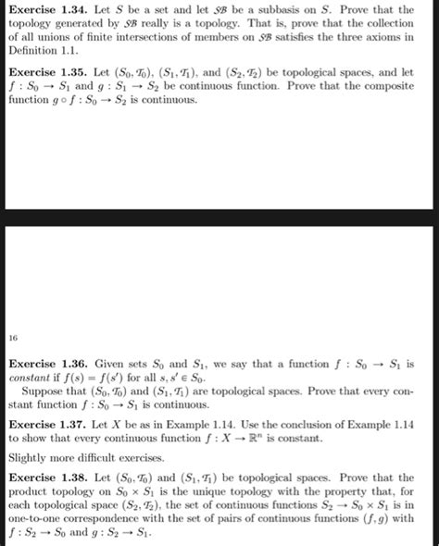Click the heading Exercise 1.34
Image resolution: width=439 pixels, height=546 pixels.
point(44,8)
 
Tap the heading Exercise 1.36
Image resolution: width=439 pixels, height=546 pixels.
point(44,366)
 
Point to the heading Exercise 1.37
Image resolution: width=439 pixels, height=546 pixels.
point(44,423)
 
